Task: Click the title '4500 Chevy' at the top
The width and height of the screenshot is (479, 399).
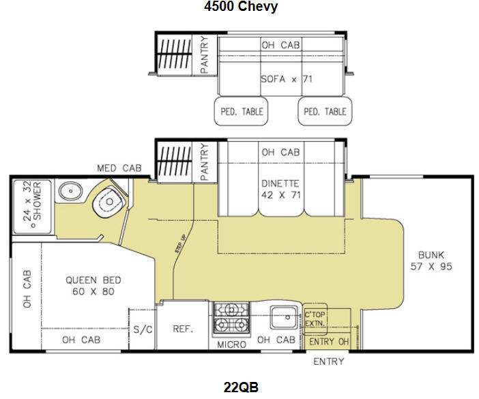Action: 241,6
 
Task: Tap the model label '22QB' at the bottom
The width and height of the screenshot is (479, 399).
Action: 241,387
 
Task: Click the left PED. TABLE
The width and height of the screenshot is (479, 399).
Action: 242,111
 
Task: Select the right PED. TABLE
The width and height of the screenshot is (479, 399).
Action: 325,111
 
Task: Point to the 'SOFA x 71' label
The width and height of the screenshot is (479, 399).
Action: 287,79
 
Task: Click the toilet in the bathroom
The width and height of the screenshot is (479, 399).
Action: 108,202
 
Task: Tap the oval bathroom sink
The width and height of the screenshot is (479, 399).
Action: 70,192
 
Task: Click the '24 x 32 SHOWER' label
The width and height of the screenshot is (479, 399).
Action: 32,201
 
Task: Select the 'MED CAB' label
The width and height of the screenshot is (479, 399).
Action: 119,168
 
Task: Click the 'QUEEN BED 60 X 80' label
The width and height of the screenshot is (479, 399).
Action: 93,286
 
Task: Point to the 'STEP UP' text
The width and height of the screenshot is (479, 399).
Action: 180,243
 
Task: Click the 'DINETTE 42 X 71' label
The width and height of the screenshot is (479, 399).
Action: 280,190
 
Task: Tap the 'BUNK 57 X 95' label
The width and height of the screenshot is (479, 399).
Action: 431,261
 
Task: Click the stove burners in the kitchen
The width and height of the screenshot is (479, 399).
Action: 231,317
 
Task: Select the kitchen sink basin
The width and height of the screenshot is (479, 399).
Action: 283,317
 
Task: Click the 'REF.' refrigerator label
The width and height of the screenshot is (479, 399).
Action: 183,329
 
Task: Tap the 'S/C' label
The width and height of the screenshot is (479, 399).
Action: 143,329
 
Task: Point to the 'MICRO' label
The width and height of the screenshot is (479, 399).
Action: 231,344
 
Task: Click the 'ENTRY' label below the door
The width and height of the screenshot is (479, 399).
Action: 329,361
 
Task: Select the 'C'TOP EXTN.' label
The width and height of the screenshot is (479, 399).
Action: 315,319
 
